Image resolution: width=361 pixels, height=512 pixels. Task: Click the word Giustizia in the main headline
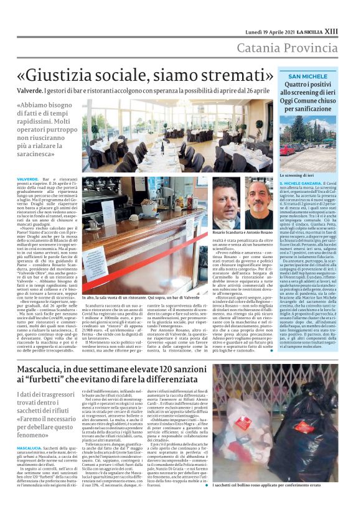point(88,75)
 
